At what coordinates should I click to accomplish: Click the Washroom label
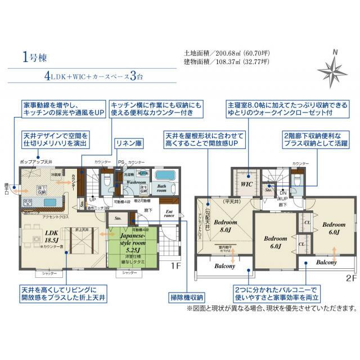point(136,183)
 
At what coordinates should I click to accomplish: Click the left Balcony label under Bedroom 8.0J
point(224,266)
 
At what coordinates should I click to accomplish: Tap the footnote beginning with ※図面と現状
point(271,308)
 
